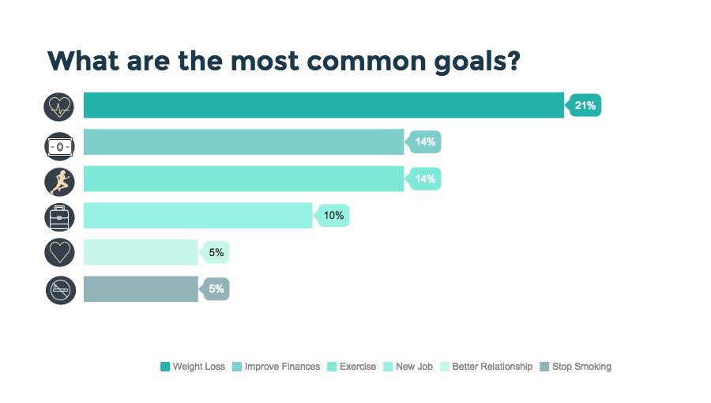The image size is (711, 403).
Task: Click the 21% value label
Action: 585,105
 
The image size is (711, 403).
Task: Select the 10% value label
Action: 333,215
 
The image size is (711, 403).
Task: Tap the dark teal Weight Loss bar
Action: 324,105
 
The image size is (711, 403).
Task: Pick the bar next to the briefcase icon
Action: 198,215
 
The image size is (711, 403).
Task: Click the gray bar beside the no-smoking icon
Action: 141,288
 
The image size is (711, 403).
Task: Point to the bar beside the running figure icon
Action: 244,179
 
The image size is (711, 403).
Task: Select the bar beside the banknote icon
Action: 244,142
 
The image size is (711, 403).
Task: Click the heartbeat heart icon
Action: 59,107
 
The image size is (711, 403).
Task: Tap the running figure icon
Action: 59,181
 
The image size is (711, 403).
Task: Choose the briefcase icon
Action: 59,217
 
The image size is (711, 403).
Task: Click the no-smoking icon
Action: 61,290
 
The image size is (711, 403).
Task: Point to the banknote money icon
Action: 59,146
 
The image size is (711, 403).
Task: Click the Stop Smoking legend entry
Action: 576,367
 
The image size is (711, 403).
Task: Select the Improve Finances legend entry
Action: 276,367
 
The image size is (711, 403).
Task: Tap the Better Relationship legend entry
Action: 486,367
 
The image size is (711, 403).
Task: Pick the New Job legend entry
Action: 408,367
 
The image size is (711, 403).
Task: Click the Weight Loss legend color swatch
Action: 165,367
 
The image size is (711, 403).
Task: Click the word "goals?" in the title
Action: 477,62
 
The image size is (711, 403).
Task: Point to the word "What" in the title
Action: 84,60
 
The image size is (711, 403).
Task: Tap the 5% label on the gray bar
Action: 216,288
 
